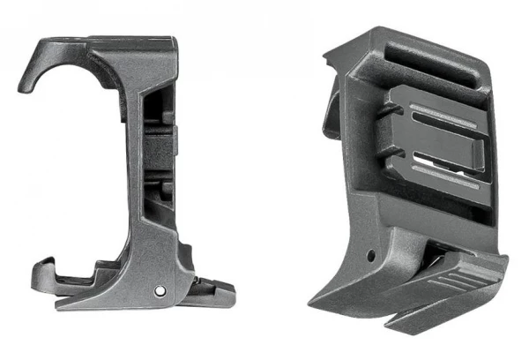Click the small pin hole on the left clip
160,289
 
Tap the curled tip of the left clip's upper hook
24,86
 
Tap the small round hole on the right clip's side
371,256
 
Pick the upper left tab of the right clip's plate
391,112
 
